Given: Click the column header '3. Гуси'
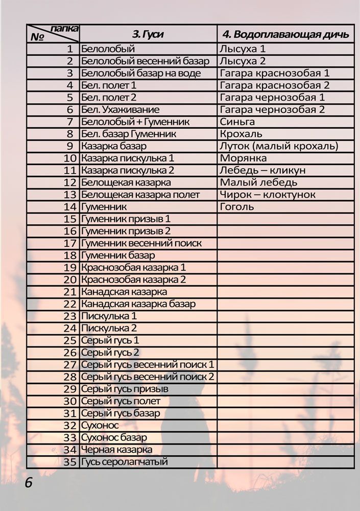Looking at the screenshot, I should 148,34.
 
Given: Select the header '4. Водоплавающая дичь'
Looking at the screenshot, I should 285,34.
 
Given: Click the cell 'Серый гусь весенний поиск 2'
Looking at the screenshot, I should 148,377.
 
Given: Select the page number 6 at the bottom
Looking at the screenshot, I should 29,483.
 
